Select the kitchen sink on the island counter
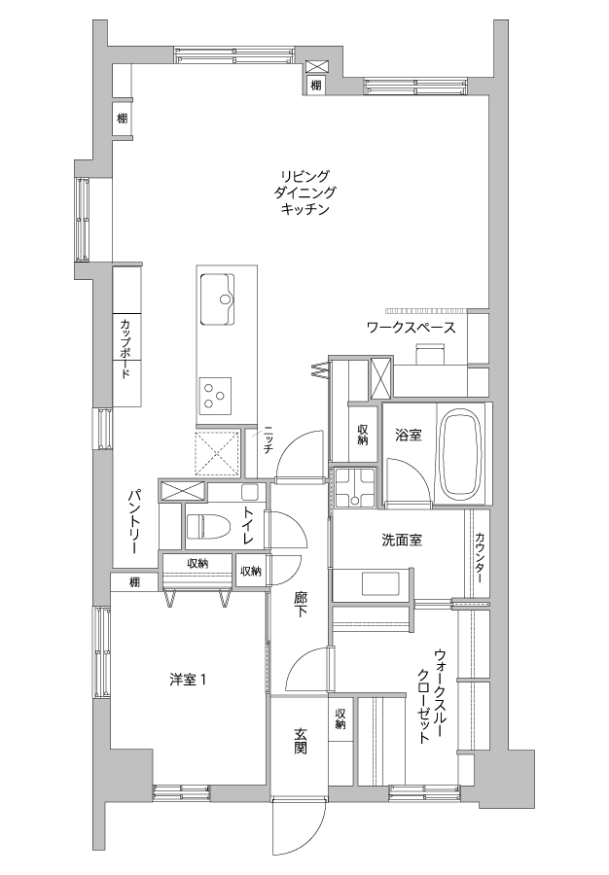click(x=217, y=298)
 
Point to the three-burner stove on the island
click(x=215, y=394)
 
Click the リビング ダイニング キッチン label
click(x=304, y=193)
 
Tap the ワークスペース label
click(x=411, y=328)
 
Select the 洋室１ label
click(x=189, y=680)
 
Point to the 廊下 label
click(x=301, y=605)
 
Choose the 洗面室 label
click(x=402, y=540)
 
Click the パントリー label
click(x=134, y=522)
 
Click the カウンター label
click(x=480, y=557)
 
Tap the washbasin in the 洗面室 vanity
click(x=381, y=584)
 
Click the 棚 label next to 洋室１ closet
click(x=134, y=582)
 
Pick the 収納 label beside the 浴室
click(x=364, y=435)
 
